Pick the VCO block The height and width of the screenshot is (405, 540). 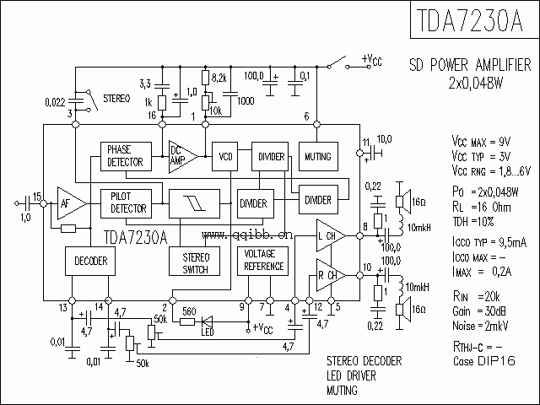[225, 156]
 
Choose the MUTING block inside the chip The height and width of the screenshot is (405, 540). [317, 156]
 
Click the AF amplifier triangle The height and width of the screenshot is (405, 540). [70, 202]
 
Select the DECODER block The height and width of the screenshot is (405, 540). [89, 262]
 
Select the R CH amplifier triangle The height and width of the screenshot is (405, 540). [329, 274]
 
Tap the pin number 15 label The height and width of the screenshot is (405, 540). [36, 194]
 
